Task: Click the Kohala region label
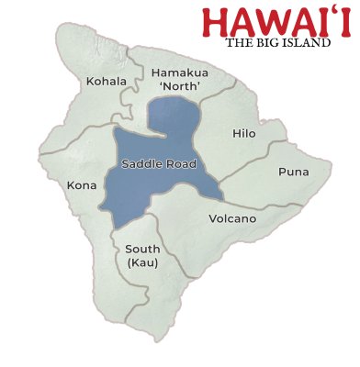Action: [106, 82]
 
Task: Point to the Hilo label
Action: [244, 133]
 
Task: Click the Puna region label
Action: [294, 172]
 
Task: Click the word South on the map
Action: [142, 249]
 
